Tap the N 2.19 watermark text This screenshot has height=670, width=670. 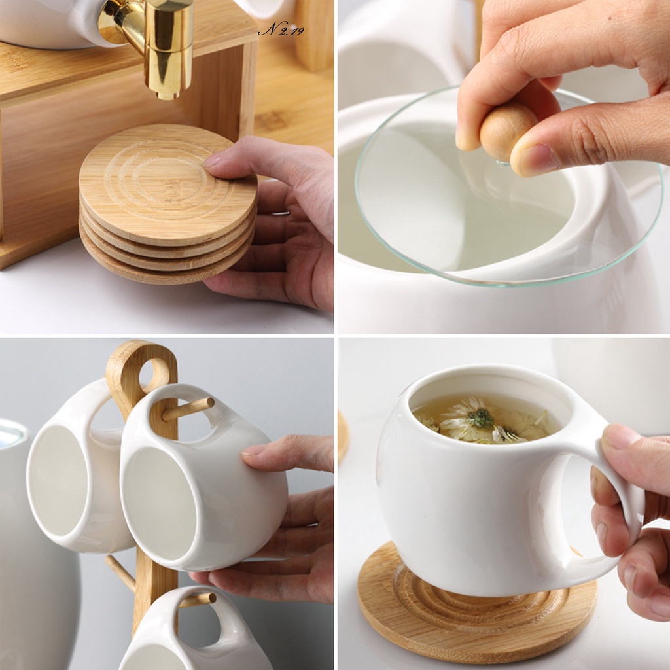[281, 30]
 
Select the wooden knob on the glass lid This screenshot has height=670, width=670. [508, 131]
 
